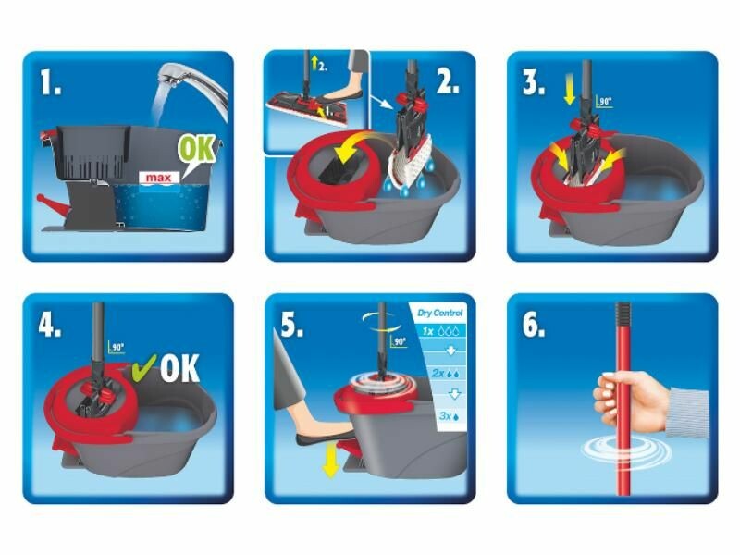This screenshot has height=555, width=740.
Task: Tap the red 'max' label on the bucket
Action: (x=159, y=178)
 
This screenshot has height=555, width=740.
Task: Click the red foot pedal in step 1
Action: (x=54, y=206)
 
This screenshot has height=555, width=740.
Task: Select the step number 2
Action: (x=448, y=80)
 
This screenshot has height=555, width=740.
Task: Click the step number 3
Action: (x=534, y=81)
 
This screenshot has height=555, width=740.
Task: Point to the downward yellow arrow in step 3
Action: (x=570, y=93)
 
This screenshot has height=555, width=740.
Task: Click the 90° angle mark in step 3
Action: (x=604, y=102)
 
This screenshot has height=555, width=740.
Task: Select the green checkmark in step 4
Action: (x=144, y=366)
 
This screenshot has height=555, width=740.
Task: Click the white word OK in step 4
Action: (x=179, y=368)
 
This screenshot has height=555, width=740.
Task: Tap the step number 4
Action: (x=50, y=325)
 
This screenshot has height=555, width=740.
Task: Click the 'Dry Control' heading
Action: (x=440, y=313)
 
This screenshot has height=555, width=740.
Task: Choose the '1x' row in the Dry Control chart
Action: (x=440, y=331)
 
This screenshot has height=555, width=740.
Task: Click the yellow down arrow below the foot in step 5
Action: (x=331, y=464)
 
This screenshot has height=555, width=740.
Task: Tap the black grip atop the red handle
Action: (x=623, y=313)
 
